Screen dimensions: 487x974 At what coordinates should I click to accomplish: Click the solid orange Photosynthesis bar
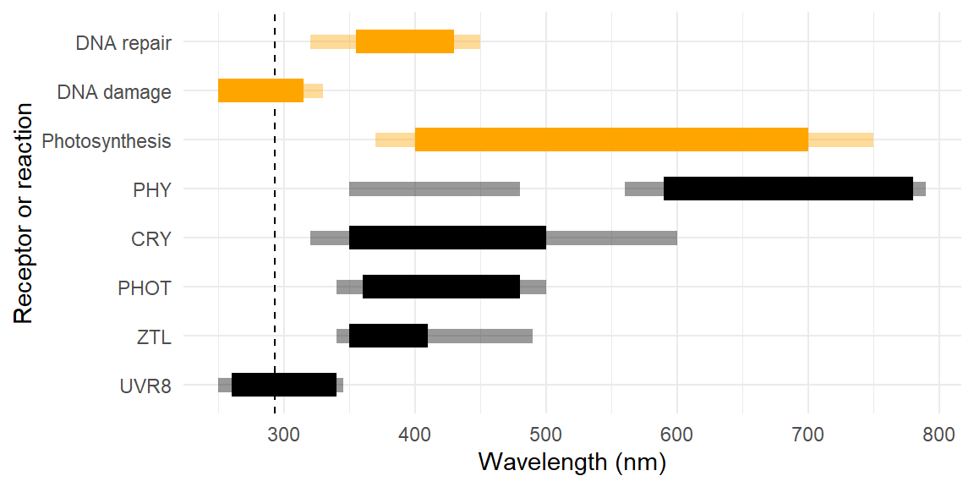[611, 140]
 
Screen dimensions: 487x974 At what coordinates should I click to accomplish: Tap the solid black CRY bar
[447, 238]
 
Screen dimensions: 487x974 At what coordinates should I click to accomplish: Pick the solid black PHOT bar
[440, 287]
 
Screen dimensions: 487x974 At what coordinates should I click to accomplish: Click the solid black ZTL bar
[388, 336]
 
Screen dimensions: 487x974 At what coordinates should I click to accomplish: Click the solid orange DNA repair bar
[405, 41]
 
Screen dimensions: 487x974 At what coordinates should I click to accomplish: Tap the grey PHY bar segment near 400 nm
[434, 189]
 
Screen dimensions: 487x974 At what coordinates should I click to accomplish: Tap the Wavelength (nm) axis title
[572, 463]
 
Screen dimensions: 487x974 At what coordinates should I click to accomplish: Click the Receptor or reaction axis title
[24, 213]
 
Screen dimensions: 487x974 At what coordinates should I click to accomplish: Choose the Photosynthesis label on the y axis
[107, 141]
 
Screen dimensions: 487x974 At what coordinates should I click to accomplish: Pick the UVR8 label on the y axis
[145, 386]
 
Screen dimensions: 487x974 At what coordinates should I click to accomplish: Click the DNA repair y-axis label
[123, 42]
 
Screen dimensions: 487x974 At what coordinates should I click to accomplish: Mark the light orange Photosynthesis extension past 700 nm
[840, 140]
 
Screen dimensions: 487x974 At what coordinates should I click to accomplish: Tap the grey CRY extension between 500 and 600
[611, 238]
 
